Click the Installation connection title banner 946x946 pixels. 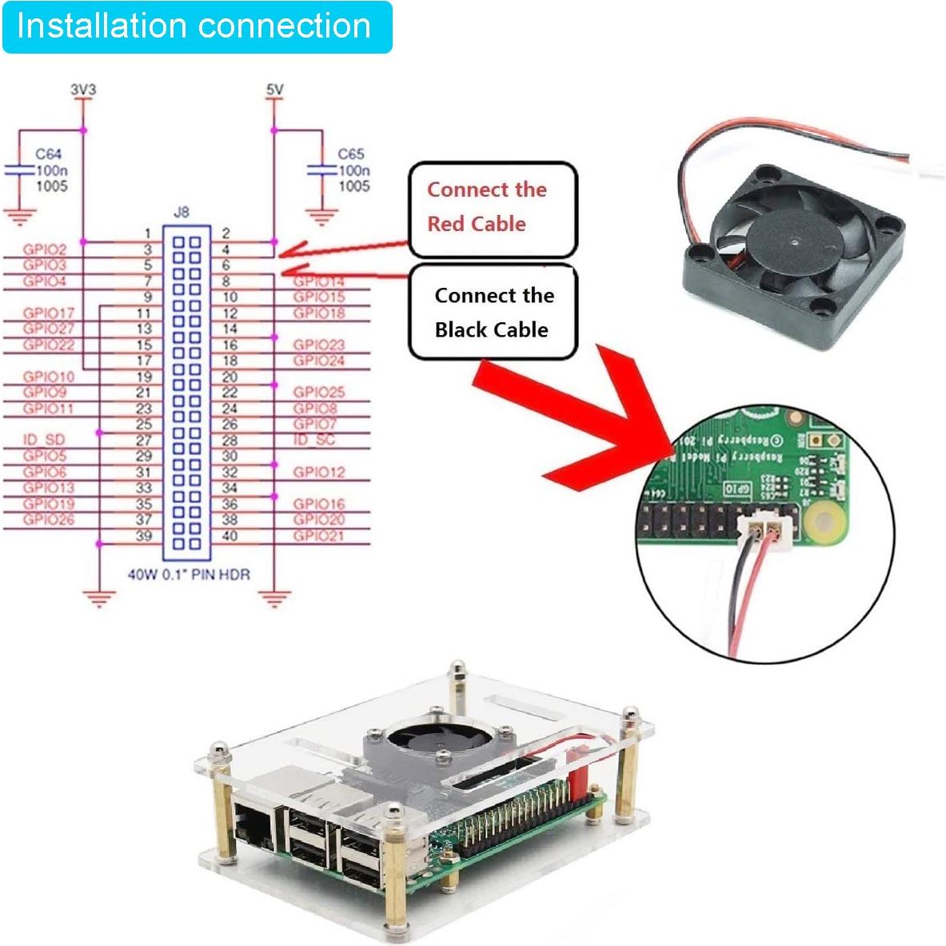pyautogui.click(x=196, y=27)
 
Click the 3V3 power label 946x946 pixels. pyautogui.click(x=82, y=90)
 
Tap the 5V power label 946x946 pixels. pyautogui.click(x=274, y=90)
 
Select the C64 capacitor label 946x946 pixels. pyautogui.click(x=48, y=154)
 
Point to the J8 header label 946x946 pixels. pyautogui.click(x=182, y=212)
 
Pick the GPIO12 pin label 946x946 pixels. pyautogui.click(x=318, y=472)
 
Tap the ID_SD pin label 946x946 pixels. pyautogui.click(x=44, y=440)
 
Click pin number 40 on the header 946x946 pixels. pyautogui.click(x=230, y=536)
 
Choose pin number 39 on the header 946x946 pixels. pyautogui.click(x=143, y=536)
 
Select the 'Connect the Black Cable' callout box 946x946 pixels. pyautogui.click(x=493, y=313)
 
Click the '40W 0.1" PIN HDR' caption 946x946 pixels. pyautogui.click(x=189, y=574)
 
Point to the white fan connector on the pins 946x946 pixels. pyautogui.click(x=764, y=528)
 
